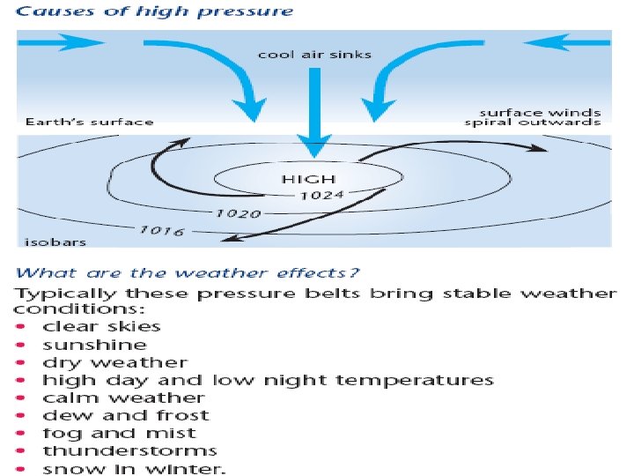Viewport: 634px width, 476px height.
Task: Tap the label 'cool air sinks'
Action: tap(314, 55)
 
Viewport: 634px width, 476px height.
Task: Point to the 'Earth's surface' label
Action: tap(90, 123)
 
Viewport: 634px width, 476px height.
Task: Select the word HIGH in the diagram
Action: tap(296, 178)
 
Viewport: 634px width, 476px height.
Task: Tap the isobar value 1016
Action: tap(160, 231)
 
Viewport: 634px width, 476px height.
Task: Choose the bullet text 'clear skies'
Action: tap(101, 327)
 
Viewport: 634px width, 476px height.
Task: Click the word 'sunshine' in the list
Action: tap(94, 345)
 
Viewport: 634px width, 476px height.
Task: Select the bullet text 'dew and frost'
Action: tap(125, 415)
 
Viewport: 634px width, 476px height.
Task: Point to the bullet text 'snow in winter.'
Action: tap(134, 468)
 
